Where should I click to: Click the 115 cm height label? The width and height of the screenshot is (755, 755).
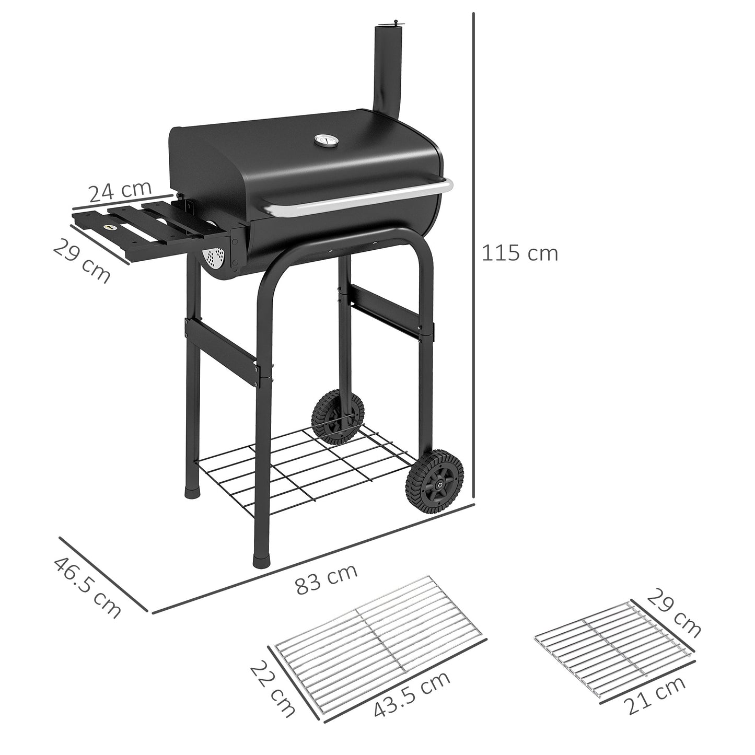[x=519, y=253]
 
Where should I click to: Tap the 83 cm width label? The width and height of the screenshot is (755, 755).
[x=327, y=579]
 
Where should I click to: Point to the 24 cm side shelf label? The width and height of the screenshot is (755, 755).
[x=120, y=192]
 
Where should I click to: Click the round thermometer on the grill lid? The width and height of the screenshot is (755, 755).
[x=321, y=142]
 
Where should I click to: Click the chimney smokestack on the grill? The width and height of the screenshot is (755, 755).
[x=385, y=68]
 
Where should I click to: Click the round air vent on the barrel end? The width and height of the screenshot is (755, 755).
[x=214, y=258]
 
